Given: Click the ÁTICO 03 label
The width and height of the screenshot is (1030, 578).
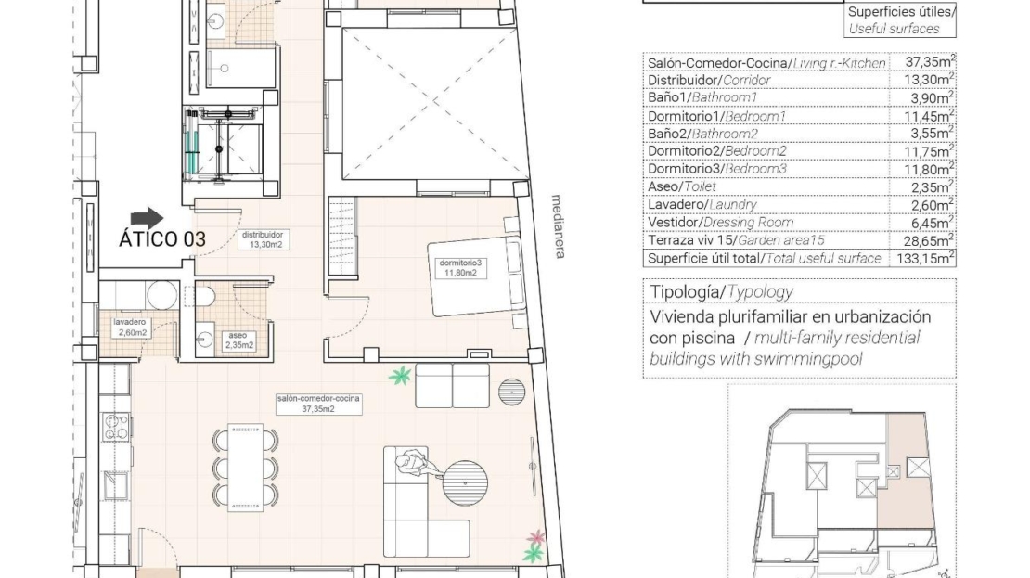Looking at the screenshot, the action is click(x=161, y=239).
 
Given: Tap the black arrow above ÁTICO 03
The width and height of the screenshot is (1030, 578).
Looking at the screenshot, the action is click(x=148, y=218).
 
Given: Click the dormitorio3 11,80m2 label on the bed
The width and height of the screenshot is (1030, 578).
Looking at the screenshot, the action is click(x=460, y=267).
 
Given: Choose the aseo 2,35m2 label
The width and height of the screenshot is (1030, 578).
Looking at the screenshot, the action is click(x=239, y=340).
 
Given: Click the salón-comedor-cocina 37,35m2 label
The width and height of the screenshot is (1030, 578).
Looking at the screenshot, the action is click(x=318, y=404).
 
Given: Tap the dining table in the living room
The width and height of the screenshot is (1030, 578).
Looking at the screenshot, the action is click(x=246, y=467).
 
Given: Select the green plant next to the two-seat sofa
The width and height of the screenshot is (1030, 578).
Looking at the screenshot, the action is click(x=399, y=377).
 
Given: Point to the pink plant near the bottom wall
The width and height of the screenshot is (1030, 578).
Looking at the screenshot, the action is click(x=536, y=538).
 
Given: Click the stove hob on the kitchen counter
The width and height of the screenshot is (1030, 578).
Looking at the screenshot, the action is click(x=116, y=426).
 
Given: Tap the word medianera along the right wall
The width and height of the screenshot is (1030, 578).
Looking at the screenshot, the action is click(x=558, y=226).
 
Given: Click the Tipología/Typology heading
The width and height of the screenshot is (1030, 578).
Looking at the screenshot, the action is click(x=721, y=291).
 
